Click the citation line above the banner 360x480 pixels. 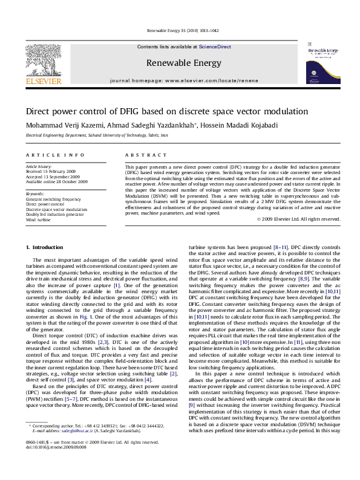[180, 30]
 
